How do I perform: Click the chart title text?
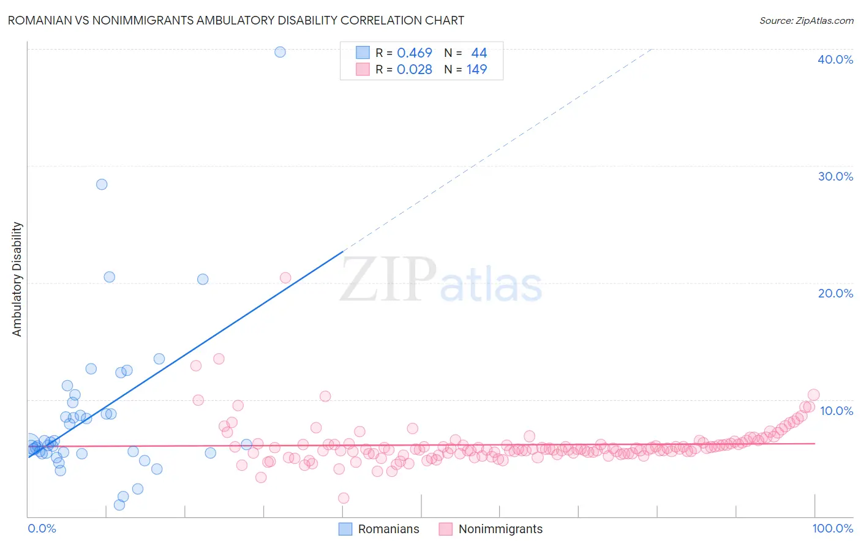236,20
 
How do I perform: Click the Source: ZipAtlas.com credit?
806,20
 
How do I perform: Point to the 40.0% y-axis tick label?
835,59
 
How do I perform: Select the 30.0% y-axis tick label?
835,176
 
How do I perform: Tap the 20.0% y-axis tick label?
835,293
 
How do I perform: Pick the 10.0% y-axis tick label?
835,411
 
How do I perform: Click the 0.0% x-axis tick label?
42,528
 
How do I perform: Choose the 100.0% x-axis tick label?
832,528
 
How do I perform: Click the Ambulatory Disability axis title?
17,279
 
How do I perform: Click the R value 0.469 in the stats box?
415,53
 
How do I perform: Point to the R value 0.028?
415,70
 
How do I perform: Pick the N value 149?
476,70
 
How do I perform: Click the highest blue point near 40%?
280,52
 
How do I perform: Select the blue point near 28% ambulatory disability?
102,184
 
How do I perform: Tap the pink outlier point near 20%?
285,278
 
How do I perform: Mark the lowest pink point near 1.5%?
344,498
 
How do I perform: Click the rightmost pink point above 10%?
813,395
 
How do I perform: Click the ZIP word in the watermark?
388,279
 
